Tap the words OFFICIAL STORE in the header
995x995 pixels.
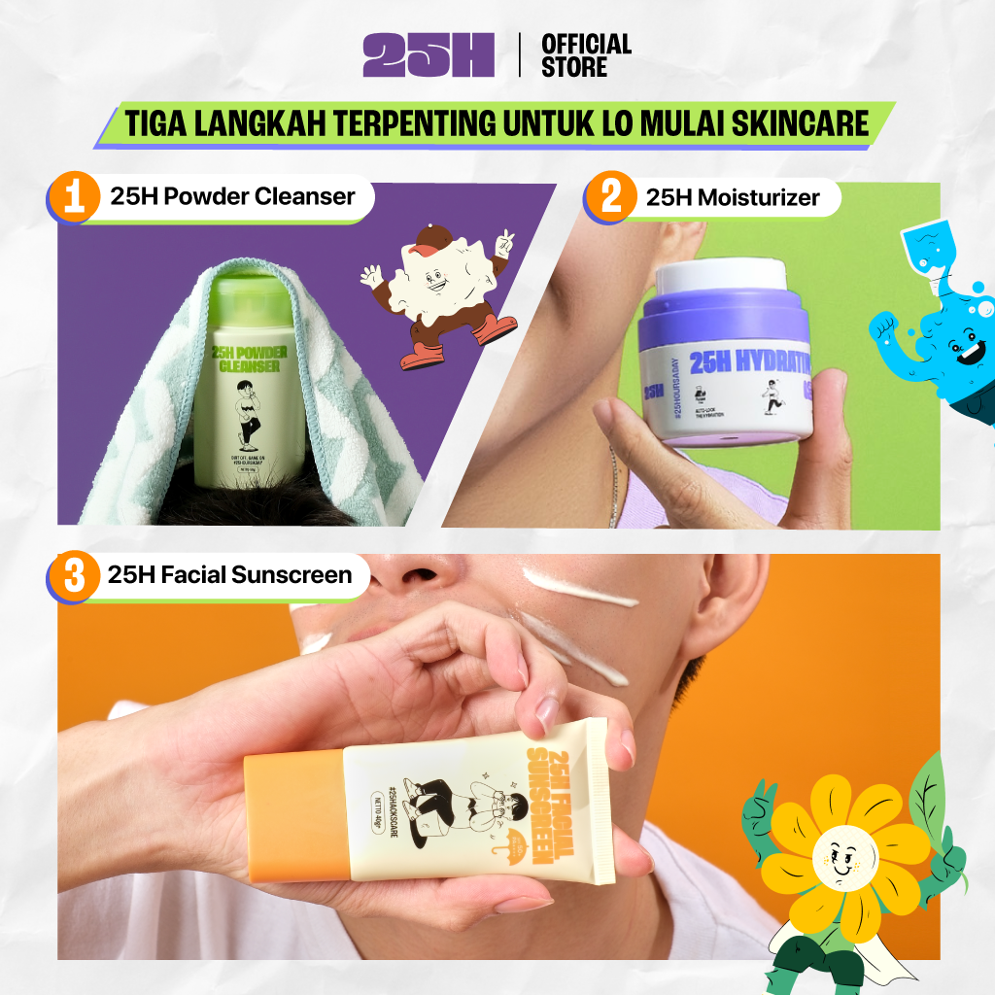point(586,55)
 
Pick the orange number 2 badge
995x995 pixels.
point(611,198)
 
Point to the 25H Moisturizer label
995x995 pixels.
point(732,198)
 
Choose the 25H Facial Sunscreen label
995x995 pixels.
point(229,575)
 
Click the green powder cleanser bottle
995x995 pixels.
point(250,389)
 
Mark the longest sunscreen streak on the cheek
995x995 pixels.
point(580,587)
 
